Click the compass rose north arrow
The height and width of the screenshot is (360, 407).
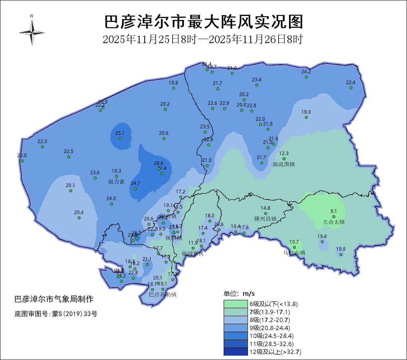[31, 31]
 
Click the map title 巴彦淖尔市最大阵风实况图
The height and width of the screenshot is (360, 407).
[203, 22]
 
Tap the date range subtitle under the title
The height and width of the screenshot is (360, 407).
[203, 39]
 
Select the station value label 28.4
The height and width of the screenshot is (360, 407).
[159, 163]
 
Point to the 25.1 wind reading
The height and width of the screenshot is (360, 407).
[120, 133]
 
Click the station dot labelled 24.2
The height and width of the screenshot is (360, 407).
[306, 77]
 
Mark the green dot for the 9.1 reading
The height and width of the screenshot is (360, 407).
[334, 217]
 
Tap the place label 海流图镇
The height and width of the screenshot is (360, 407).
[284, 164]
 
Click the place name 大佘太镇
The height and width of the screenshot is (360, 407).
[334, 222]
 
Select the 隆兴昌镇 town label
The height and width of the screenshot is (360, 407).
[265, 219]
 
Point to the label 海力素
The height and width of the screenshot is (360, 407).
[116, 182]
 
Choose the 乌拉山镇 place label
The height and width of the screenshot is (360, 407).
[294, 252]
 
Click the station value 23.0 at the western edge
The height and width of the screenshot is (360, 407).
[22, 155]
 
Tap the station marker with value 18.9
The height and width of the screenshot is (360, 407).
[306, 117]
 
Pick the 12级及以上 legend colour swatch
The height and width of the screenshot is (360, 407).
[236, 352]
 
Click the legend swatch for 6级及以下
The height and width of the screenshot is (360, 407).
[236, 304]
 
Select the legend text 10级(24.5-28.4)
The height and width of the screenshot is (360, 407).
[271, 336]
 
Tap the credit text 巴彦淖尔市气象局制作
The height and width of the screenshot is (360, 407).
[54, 299]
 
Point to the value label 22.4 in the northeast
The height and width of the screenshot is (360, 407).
[351, 83]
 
